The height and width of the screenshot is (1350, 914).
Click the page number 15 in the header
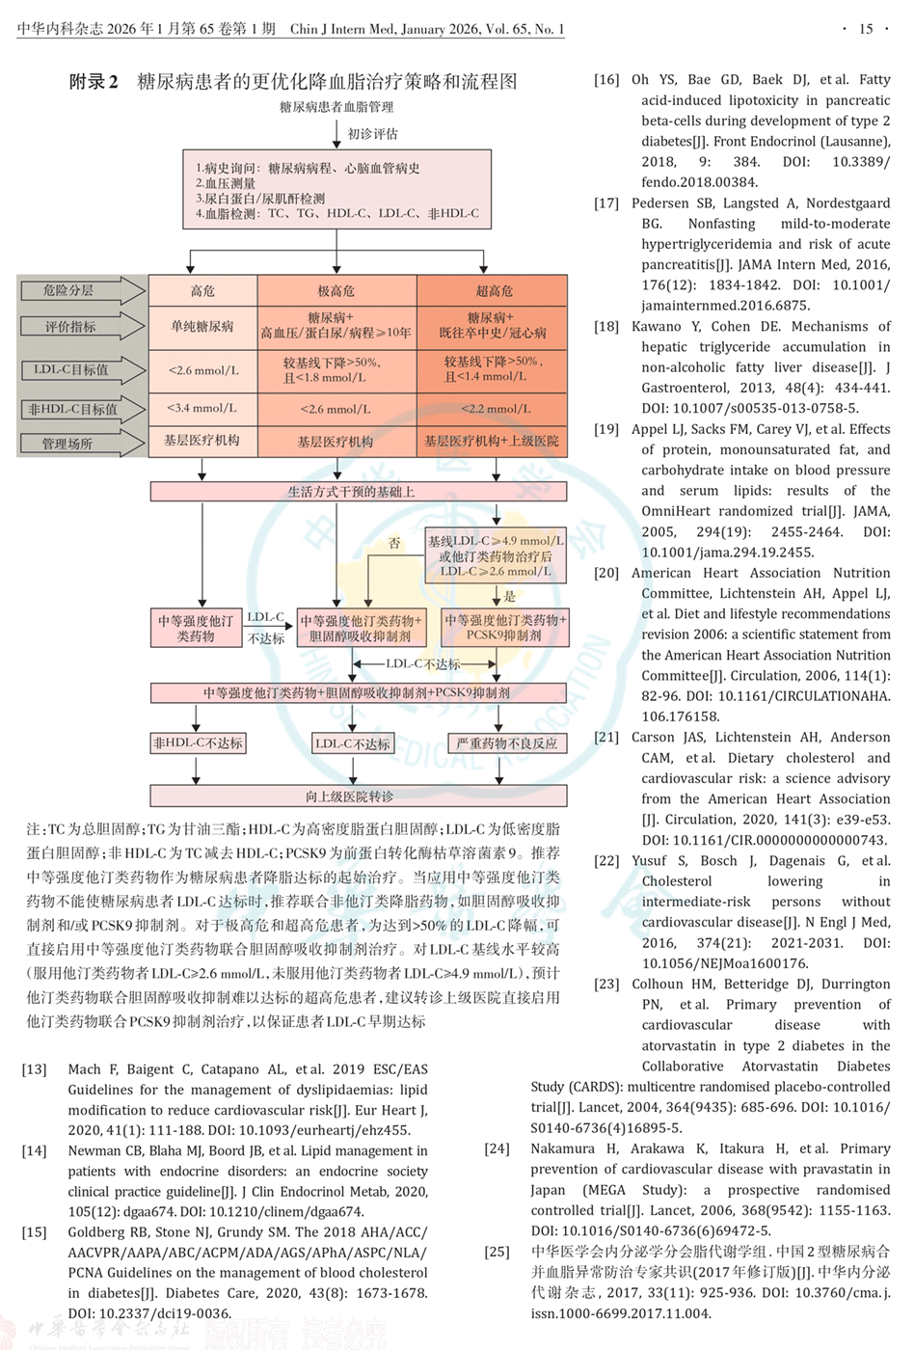point(865,29)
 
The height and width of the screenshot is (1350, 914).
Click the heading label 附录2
point(94,82)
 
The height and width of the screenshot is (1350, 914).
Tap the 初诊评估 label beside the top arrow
point(372,134)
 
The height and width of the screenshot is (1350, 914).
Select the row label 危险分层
point(68,290)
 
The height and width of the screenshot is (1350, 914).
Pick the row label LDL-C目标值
point(71,369)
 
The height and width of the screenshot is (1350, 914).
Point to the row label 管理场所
point(67,444)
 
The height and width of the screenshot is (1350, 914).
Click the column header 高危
point(202,290)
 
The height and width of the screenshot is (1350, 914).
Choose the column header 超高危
point(495,290)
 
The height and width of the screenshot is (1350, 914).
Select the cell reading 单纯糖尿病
point(202,327)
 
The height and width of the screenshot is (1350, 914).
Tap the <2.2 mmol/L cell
point(495,408)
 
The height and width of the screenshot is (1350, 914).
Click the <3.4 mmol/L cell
point(202,408)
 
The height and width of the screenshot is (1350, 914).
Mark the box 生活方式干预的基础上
point(358,492)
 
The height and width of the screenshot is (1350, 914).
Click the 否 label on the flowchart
point(393,544)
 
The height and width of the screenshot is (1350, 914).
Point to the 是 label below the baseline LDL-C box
point(509,596)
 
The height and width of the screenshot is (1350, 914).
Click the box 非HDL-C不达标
point(198,743)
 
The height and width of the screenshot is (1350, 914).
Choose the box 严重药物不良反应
point(506,743)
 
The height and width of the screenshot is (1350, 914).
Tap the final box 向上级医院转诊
point(358,796)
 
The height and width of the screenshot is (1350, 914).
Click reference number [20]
point(606,573)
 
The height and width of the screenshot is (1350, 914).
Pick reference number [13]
point(35,1069)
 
